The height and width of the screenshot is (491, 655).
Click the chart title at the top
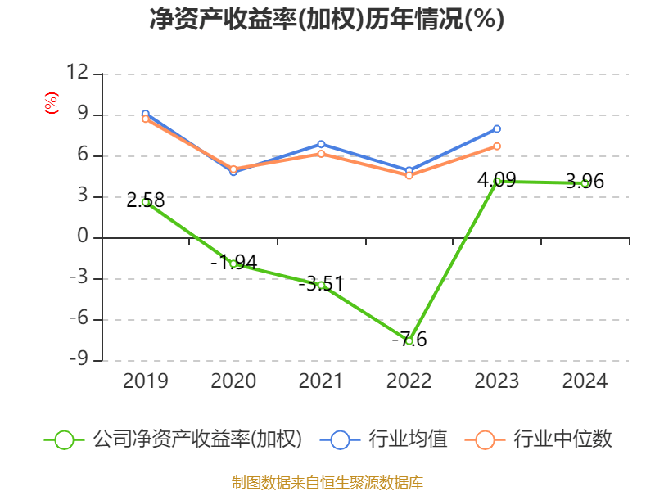pyautogui.click(x=327, y=20)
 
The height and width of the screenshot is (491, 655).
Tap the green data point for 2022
pyautogui.click(x=409, y=340)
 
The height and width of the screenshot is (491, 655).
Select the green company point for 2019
pyautogui.click(x=146, y=202)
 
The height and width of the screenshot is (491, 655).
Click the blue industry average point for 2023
pyautogui.click(x=497, y=128)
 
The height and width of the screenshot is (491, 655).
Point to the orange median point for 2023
pyautogui.click(x=497, y=146)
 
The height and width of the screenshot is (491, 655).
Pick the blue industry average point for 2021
pyautogui.click(x=321, y=144)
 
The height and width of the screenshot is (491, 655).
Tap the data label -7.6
pyautogui.click(x=409, y=339)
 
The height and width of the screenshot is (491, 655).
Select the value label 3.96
pyautogui.click(x=585, y=182)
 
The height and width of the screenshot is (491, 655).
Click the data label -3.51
pyautogui.click(x=320, y=284)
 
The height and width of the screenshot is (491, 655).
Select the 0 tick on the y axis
pyautogui.click(x=82, y=238)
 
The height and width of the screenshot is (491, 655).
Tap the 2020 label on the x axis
pyautogui.click(x=233, y=381)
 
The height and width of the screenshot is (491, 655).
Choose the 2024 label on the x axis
pyautogui.click(x=585, y=381)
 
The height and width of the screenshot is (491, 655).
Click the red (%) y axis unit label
pyautogui.click(x=51, y=103)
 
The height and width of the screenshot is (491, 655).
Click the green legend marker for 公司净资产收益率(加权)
pyautogui.click(x=64, y=439)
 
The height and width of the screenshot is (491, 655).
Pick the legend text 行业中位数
pyautogui.click(x=562, y=439)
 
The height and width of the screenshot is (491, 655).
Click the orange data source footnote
pyautogui.click(x=327, y=482)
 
